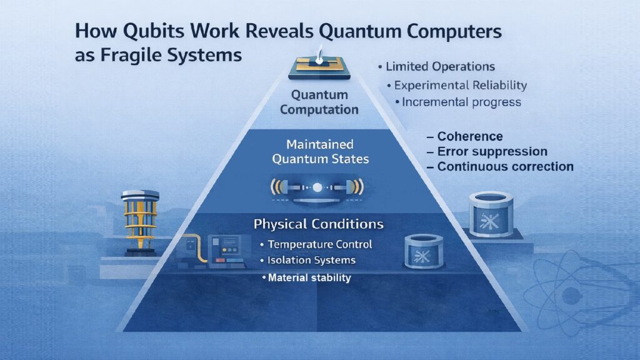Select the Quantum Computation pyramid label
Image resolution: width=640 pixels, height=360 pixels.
(319, 102)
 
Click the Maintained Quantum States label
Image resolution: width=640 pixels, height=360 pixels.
(320, 151)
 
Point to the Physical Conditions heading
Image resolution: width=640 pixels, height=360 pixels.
(319, 223)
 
